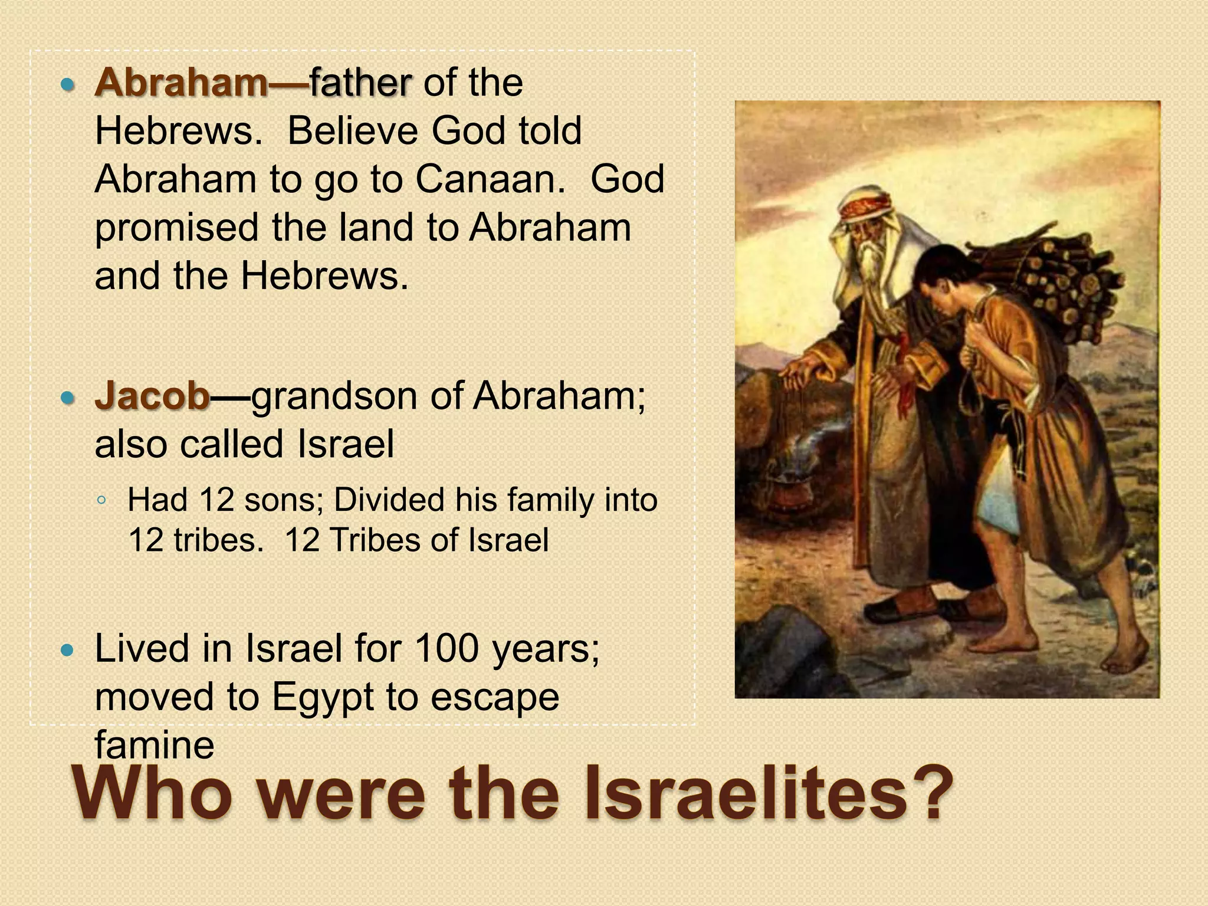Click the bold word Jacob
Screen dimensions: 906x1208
[x=152, y=395]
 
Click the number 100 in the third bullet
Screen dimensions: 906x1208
[x=447, y=648]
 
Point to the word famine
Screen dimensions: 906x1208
[x=155, y=744]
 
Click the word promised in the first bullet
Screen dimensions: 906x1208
[x=177, y=228]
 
